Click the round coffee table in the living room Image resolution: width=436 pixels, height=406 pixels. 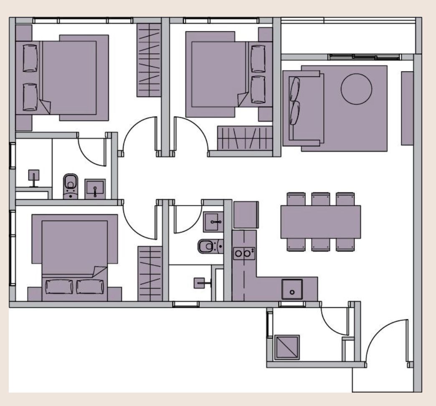point(356,88)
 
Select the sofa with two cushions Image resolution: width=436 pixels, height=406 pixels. point(304,108)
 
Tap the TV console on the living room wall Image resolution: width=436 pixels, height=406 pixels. point(406,108)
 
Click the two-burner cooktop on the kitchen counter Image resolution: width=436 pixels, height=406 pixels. point(243,252)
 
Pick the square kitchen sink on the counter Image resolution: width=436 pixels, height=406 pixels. point(292,289)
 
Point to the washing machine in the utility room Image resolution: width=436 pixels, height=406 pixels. point(287,347)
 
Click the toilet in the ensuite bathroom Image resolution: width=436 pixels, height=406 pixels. point(71,185)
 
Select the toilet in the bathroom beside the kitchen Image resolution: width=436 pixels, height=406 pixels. point(207,247)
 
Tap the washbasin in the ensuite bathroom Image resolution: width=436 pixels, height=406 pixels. point(95,189)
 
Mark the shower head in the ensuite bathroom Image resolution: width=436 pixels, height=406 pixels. point(33,177)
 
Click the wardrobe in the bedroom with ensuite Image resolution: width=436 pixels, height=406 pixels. point(149,58)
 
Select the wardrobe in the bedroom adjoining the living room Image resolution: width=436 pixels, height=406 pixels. point(244,138)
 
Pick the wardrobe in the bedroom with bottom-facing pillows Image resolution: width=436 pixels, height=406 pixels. point(150,273)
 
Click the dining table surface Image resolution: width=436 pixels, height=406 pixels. point(320,222)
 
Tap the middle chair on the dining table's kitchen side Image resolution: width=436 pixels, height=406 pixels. point(321,245)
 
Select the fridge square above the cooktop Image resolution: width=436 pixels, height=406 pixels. point(246,215)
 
